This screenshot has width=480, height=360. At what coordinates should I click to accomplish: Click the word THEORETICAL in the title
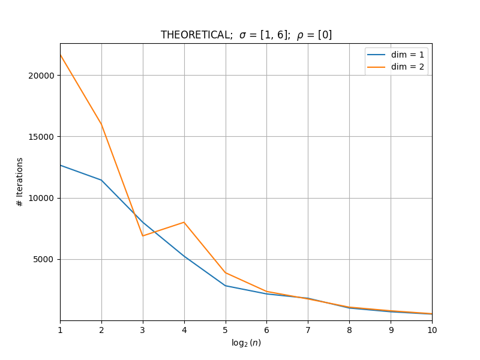tap(197, 35)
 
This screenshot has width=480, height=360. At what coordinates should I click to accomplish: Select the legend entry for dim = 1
tap(396, 55)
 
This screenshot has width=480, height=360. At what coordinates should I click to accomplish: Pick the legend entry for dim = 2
tap(396, 67)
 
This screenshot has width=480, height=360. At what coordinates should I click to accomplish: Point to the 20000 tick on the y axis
tap(41, 76)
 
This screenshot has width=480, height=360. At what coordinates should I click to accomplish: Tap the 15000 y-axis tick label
tap(41, 137)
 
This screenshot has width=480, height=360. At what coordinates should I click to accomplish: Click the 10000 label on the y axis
tap(41, 198)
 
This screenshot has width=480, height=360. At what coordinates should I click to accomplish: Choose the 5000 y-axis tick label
tap(43, 260)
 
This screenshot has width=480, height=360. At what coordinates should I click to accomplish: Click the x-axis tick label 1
tap(61, 330)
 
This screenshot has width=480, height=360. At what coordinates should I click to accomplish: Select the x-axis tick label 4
tap(184, 330)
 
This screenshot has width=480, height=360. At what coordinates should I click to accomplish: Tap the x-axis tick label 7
tap(308, 330)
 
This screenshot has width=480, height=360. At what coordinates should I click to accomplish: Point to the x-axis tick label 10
tap(432, 330)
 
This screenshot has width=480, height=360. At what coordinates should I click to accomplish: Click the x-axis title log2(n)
tap(246, 343)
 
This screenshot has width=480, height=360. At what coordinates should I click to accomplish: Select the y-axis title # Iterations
tap(20, 182)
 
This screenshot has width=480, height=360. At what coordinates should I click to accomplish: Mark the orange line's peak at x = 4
tap(184, 222)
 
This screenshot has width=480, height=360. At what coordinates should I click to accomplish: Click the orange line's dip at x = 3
tap(143, 236)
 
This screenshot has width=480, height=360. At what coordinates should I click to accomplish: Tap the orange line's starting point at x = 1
tap(61, 55)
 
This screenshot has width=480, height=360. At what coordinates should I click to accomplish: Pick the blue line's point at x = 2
tap(101, 180)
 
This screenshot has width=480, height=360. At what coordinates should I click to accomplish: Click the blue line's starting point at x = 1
tap(61, 166)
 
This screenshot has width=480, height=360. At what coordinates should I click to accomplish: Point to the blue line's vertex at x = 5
tap(226, 286)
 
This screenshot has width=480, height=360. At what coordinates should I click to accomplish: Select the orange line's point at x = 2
tap(101, 125)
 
